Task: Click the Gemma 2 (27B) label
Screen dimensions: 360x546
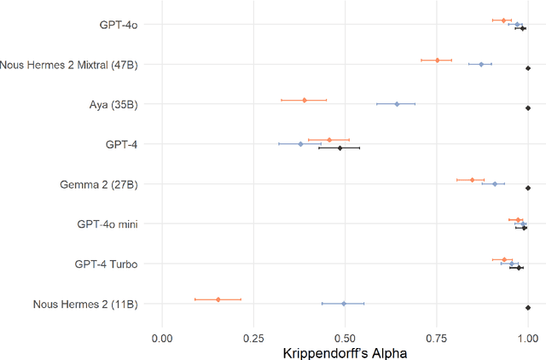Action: click(98, 184)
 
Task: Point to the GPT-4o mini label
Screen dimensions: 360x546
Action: click(107, 224)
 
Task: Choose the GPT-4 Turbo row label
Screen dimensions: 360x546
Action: click(106, 264)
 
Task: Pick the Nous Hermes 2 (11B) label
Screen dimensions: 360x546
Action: click(85, 305)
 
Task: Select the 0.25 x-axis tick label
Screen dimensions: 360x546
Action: click(253, 338)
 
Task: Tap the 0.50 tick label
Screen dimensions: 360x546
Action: click(345, 338)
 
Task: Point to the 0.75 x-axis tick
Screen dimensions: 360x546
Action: click(437, 338)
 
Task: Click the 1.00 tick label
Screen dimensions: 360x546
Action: click(527, 338)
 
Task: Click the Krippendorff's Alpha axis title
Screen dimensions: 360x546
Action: click(345, 352)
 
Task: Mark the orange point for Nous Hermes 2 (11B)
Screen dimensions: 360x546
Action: click(218, 299)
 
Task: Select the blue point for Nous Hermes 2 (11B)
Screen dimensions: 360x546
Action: click(344, 304)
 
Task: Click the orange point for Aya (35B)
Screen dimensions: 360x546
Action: click(305, 100)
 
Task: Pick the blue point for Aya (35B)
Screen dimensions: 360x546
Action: click(397, 104)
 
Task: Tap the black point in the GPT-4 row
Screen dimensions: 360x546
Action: click(340, 148)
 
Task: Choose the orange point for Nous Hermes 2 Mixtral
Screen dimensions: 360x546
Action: click(438, 60)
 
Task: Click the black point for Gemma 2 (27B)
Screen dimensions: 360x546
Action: click(528, 188)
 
